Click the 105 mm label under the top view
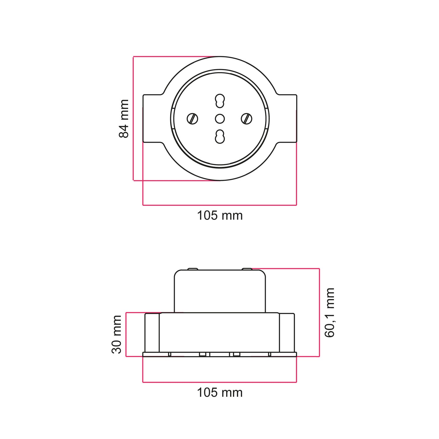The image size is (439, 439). [220, 216]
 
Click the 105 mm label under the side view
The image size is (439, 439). [220, 392]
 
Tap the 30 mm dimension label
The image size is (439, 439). [117, 334]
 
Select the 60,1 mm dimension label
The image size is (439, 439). [330, 312]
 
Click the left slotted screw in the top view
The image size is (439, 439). [192, 119]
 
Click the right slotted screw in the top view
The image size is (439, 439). [247, 119]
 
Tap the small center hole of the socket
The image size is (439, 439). [220, 119]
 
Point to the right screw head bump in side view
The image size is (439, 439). [247, 269]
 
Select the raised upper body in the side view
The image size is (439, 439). [220, 291]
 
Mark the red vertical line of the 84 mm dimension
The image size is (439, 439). [133, 119]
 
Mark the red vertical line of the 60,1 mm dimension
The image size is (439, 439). [319, 312]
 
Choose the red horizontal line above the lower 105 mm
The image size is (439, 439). [220, 382]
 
